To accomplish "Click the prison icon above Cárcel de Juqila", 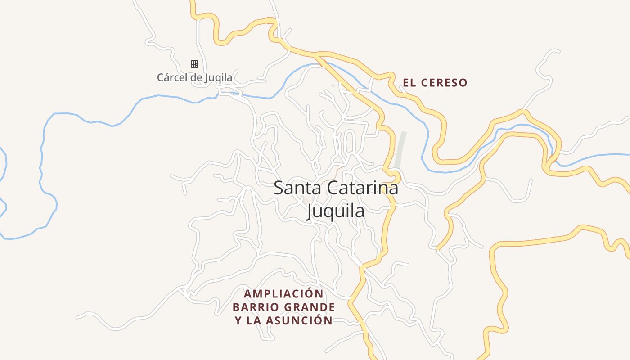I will coord(194,64).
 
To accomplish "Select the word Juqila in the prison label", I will coord(218,78).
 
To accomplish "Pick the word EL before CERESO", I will coord(409,83).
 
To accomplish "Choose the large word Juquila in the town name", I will coord(335,210).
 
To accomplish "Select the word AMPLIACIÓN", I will coord(284,294).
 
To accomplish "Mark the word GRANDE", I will coord(310,307).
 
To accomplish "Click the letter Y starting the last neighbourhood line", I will coord(238,320).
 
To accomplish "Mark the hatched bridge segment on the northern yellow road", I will coord(270,20).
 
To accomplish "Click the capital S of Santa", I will coord(279,188).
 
